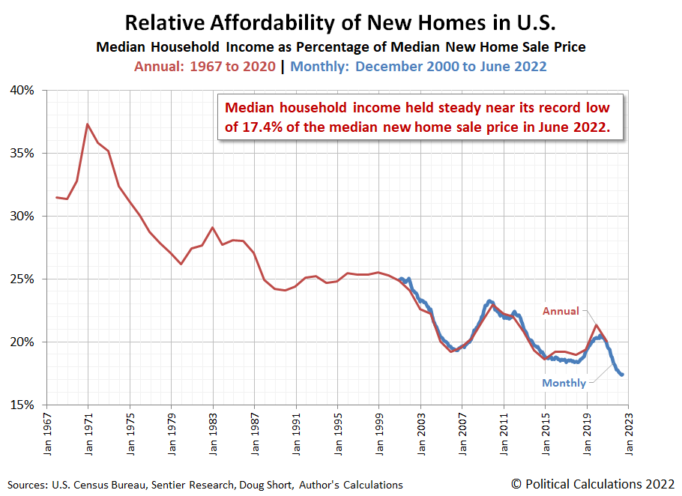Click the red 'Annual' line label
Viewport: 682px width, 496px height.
point(561,311)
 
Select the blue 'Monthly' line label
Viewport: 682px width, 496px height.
point(564,383)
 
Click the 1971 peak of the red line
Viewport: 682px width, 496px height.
point(88,124)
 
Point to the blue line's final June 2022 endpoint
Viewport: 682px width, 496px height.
point(622,375)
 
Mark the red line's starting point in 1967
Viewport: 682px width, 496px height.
point(57,198)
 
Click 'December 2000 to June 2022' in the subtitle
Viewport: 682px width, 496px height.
point(450,66)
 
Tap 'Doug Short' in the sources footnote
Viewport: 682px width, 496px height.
point(265,485)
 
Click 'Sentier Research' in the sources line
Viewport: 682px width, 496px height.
point(187,485)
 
